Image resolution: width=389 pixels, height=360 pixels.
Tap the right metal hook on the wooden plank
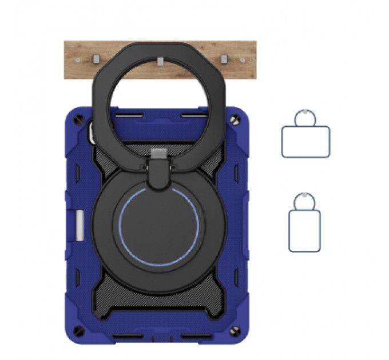tap(224, 59)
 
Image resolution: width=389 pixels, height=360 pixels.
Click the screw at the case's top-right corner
tap(235, 121)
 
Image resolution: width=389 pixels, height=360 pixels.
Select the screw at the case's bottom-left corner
tap(81, 331)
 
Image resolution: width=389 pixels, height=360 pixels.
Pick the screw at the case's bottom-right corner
tap(235, 331)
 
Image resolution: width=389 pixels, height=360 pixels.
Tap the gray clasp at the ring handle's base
tap(158, 153)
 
